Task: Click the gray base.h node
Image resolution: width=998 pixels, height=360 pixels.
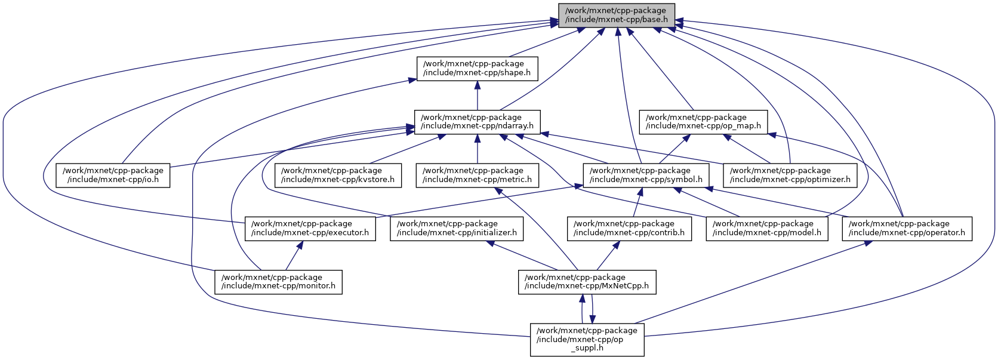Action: click(617, 15)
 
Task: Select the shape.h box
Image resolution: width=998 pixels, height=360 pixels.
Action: click(477, 69)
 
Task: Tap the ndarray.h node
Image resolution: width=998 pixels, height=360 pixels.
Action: click(478, 122)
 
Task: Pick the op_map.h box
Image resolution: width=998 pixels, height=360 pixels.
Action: click(703, 122)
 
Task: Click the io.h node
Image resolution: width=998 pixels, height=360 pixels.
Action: click(113, 175)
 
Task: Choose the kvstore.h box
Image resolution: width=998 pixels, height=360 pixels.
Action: click(338, 175)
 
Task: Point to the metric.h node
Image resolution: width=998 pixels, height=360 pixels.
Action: click(478, 175)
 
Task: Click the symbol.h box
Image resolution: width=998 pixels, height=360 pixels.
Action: click(646, 175)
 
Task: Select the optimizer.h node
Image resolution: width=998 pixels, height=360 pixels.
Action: click(790, 175)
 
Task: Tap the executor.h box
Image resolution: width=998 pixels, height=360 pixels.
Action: click(310, 229)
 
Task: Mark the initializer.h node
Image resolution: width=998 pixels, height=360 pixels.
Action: click(457, 229)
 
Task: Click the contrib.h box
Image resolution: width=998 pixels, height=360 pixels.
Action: click(629, 229)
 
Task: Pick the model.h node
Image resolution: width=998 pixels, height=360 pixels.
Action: click(767, 229)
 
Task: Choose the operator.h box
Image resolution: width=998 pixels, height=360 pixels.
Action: click(907, 229)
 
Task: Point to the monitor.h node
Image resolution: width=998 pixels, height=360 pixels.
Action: click(278, 282)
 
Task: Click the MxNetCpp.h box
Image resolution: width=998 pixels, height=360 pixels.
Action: click(587, 282)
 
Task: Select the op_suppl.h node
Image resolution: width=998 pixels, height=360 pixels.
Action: click(587, 339)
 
